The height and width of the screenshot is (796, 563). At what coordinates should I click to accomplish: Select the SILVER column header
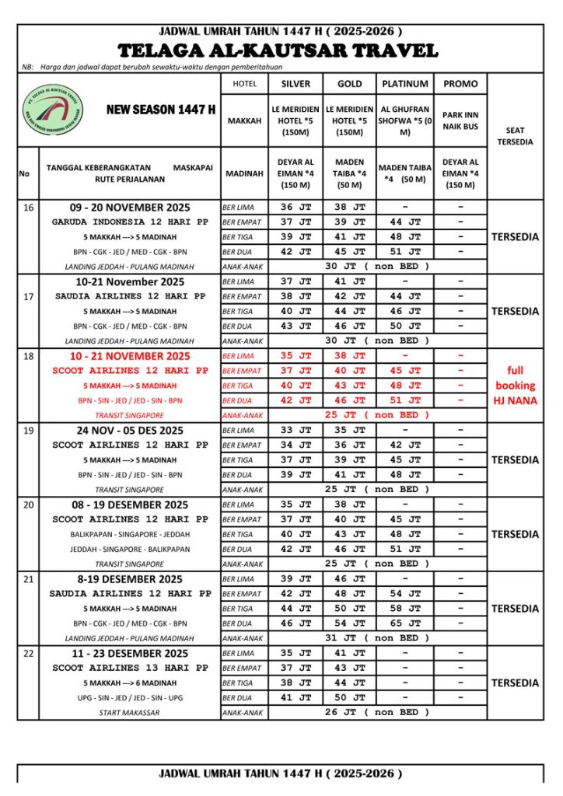click(295, 84)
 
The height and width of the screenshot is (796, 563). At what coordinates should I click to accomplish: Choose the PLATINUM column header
click(404, 84)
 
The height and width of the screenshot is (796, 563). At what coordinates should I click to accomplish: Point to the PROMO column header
click(460, 84)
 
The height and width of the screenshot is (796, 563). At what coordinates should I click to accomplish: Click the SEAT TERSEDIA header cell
click(515, 136)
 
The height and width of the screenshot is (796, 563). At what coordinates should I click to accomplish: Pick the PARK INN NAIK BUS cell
click(460, 120)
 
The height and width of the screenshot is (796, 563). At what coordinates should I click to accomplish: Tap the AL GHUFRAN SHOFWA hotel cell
click(404, 120)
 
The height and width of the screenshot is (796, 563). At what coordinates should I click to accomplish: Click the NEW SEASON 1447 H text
click(161, 110)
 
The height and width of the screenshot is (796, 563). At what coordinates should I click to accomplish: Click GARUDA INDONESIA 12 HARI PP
click(130, 222)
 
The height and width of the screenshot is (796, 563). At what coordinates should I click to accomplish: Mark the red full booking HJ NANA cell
click(515, 386)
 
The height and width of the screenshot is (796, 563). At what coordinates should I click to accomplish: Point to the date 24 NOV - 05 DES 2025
click(130, 431)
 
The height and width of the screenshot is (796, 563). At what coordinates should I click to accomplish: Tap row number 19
click(29, 430)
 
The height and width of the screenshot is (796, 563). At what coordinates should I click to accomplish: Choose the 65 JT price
click(404, 623)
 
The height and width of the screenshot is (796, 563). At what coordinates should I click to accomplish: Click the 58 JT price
click(404, 609)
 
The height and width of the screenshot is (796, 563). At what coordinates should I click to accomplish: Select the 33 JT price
click(295, 430)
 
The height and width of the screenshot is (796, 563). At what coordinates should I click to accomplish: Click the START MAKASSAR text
click(130, 713)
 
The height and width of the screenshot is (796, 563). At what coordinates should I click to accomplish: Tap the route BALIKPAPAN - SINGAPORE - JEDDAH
click(130, 535)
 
